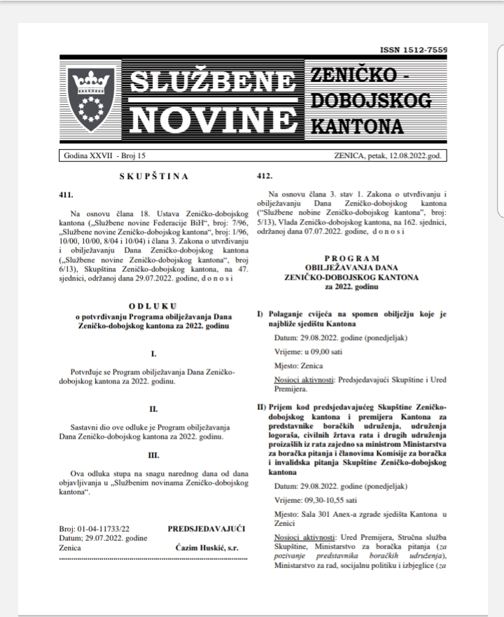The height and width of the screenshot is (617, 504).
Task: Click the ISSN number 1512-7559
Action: [x=413, y=50]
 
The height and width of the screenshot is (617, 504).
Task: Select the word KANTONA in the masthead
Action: [x=356, y=127]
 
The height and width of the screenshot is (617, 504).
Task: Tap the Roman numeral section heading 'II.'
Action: [x=153, y=409]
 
